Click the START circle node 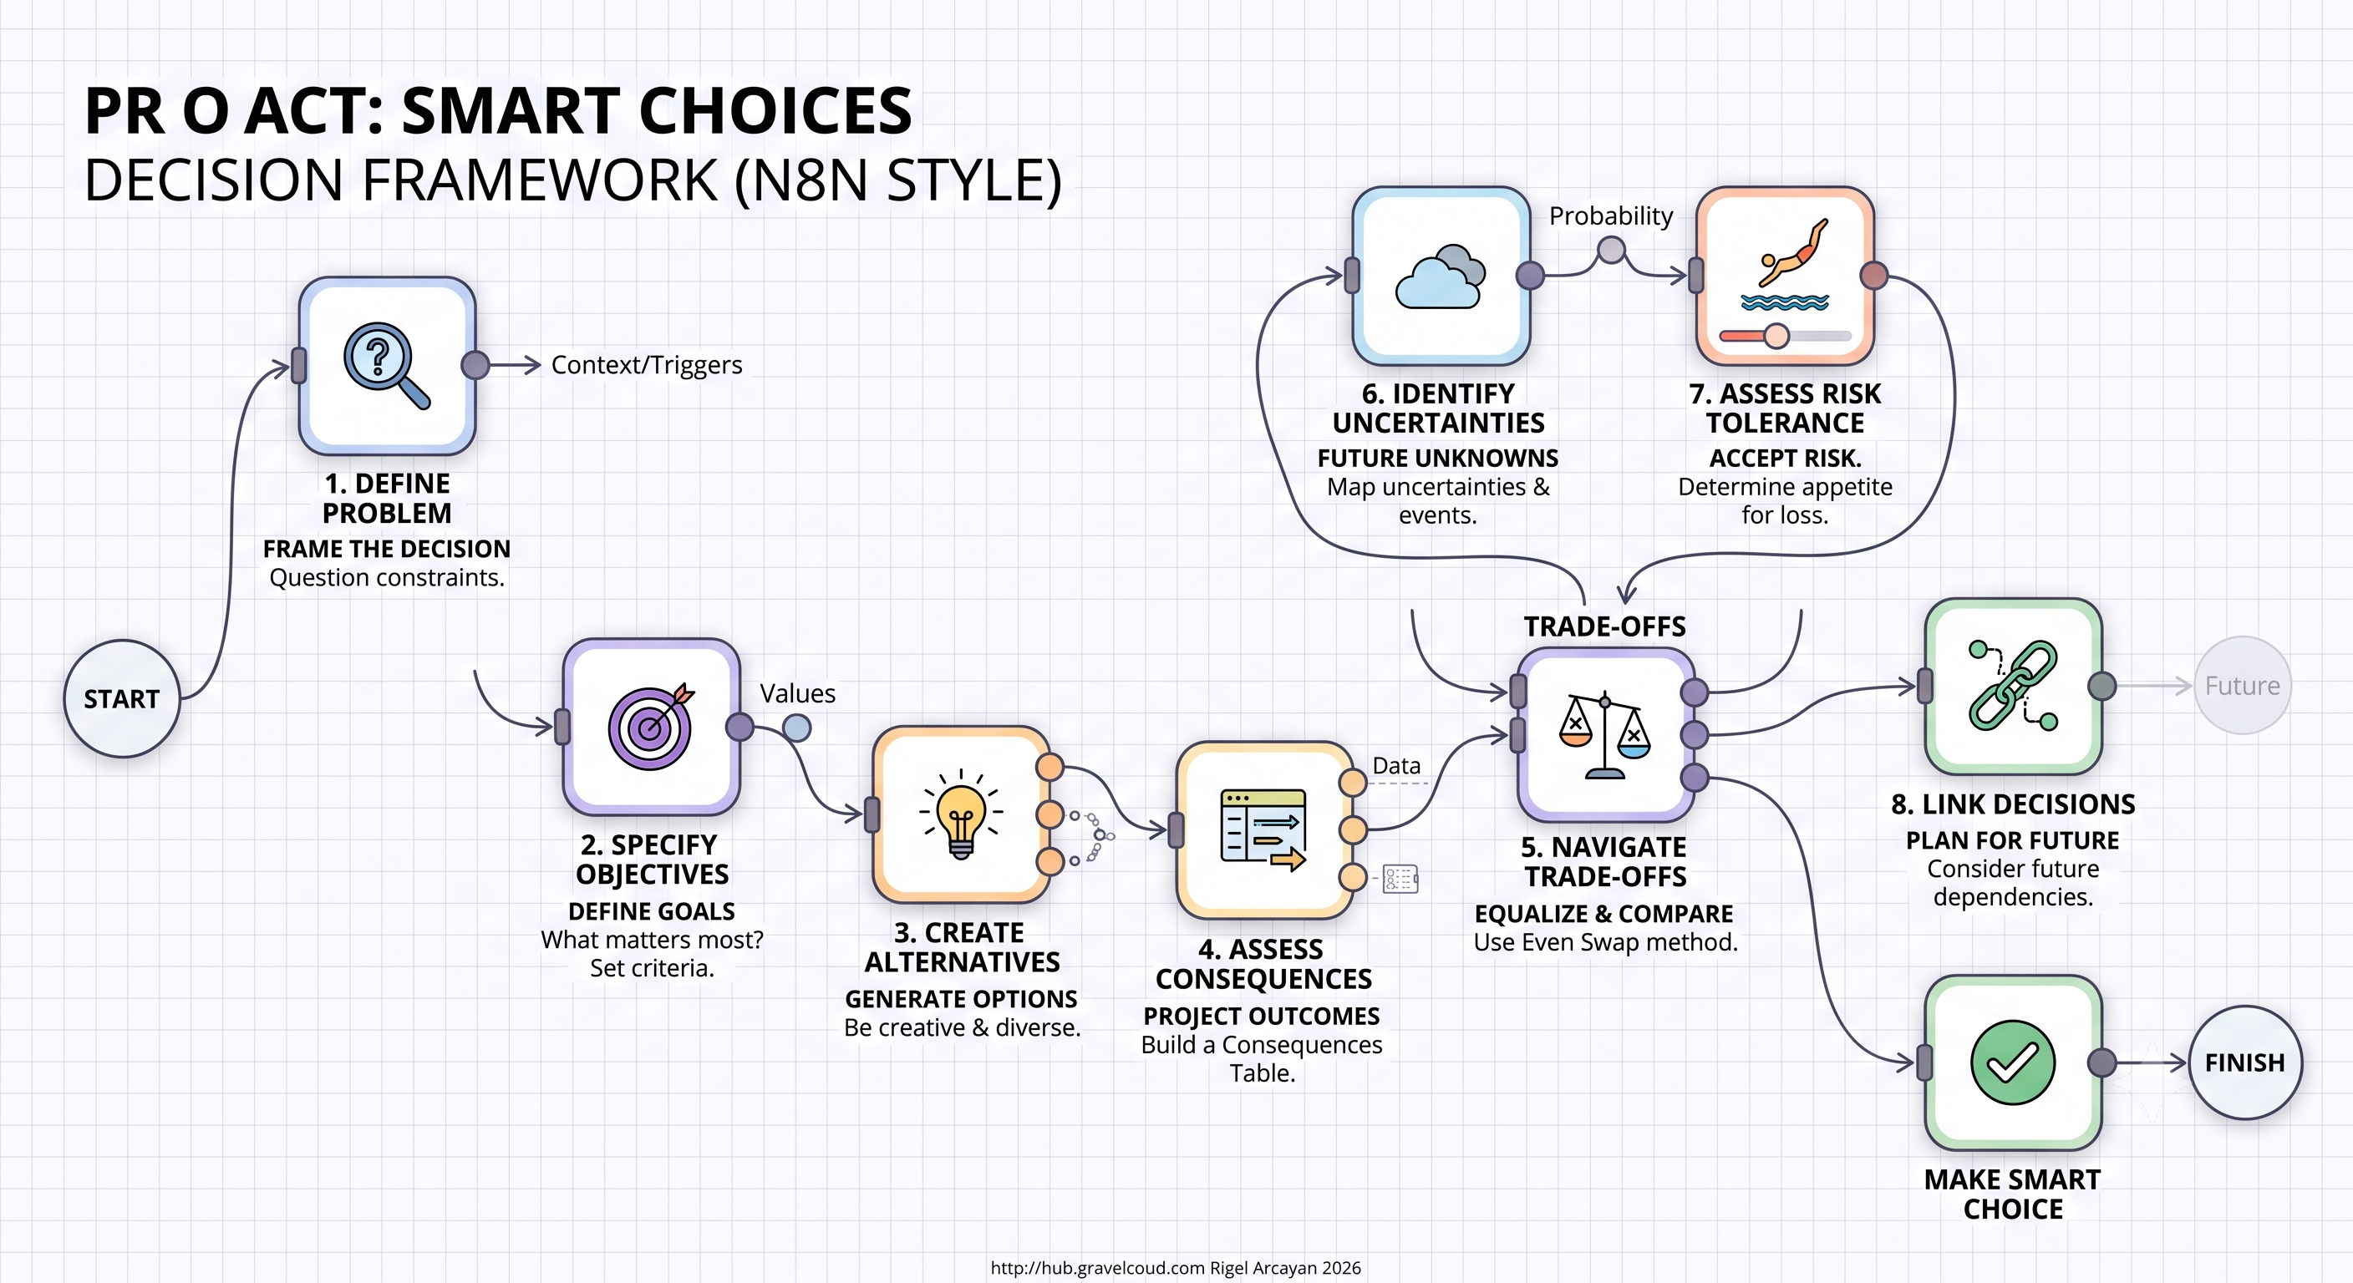121,698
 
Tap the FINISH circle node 2244,1062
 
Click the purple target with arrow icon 651,727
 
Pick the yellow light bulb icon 961,814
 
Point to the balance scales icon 1605,736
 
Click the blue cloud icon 1441,276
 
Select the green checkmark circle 2012,1062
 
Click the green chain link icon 2013,685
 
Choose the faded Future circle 2242,685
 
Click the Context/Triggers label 647,365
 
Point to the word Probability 1611,216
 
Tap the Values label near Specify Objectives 797,693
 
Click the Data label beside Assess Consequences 1396,765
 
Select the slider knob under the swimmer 1776,336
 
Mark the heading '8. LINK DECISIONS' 2013,804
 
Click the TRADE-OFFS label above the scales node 1605,626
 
